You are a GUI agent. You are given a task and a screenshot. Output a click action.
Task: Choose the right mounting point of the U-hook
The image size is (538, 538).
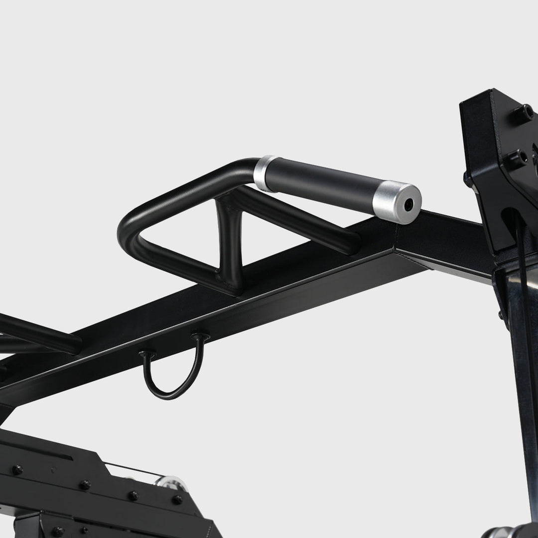200,337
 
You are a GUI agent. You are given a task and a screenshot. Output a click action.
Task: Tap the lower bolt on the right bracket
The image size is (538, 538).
514,158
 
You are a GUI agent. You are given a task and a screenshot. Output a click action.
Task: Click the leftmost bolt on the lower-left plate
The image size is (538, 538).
17,469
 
